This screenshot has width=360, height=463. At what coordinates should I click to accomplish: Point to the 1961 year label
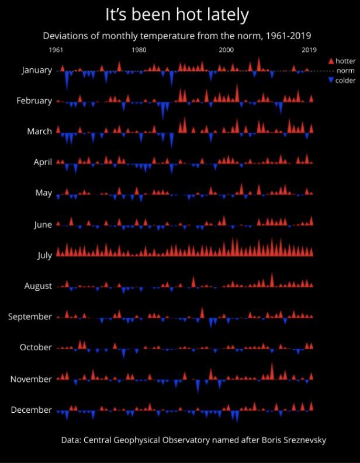coord(56,50)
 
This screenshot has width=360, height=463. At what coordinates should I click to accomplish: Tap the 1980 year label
coord(139,50)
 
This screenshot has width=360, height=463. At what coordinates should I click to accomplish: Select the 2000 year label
coord(226,50)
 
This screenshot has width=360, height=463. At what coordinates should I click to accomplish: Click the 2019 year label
coord(309,50)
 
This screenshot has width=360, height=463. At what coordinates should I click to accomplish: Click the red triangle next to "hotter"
coord(331,61)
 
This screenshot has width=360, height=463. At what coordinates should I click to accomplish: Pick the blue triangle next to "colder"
coord(331,81)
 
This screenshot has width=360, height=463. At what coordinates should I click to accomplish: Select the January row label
coord(37,70)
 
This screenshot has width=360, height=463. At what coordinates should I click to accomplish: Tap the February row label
coord(34,101)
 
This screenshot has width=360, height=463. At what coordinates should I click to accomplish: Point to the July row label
coord(44,255)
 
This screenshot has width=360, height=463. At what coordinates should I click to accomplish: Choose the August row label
coord(38,286)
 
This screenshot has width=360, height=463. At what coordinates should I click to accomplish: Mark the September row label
coord(30,316)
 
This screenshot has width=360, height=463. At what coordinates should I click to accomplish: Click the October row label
coord(36,347)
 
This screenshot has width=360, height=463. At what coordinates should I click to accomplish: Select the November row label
coord(32,379)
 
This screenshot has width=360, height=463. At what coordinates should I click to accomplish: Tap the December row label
coord(32,410)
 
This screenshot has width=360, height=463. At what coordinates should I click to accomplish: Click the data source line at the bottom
coord(193,440)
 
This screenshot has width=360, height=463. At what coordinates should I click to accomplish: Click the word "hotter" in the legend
coord(346,61)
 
